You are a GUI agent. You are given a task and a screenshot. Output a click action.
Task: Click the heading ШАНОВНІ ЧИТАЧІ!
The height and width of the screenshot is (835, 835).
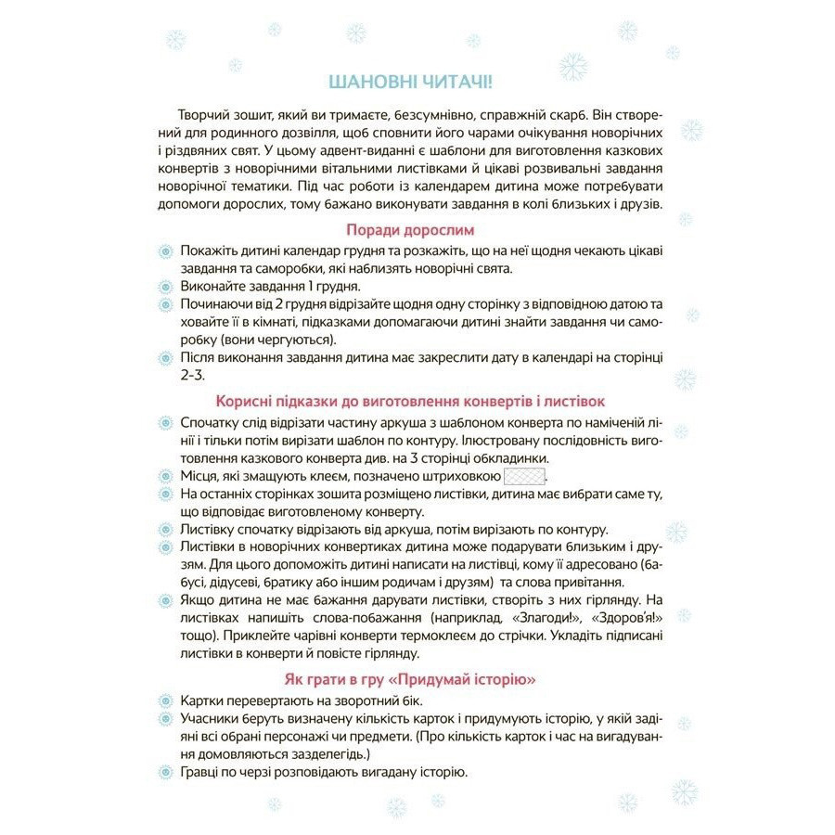pos(417,81)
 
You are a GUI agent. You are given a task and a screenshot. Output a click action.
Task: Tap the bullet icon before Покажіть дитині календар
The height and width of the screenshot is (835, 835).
pos(166,251)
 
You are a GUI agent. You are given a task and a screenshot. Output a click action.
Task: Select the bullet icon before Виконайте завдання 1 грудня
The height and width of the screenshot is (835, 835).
pos(166,286)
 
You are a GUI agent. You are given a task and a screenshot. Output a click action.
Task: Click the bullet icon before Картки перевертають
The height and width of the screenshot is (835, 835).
pos(166,702)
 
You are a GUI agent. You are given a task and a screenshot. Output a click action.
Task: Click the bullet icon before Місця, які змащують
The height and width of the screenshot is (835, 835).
pos(166,475)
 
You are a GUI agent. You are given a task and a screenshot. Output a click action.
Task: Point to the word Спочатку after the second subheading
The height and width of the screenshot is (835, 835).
pos(212,422)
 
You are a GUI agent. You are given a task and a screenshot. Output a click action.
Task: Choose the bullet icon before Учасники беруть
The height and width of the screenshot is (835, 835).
pos(166,720)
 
